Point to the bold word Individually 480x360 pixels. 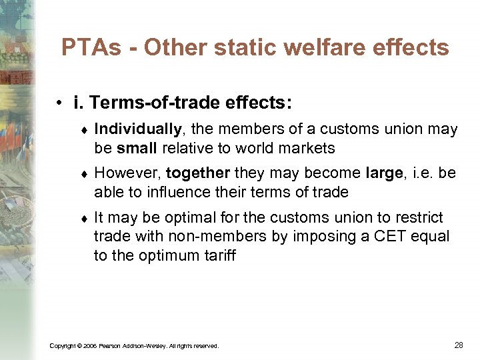click(137, 129)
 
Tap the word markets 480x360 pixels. click(307, 147)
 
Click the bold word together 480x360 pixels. click(198, 173)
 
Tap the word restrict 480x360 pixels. click(419, 217)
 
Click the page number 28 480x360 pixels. click(458, 345)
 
